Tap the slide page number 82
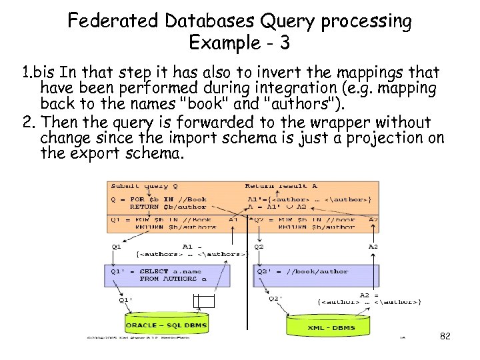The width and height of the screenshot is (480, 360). pos(445,337)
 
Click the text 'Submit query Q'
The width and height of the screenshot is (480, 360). pos(140,187)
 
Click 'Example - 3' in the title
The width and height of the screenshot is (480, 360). pos(239,43)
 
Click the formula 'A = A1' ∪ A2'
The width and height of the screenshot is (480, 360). pos(273,207)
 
